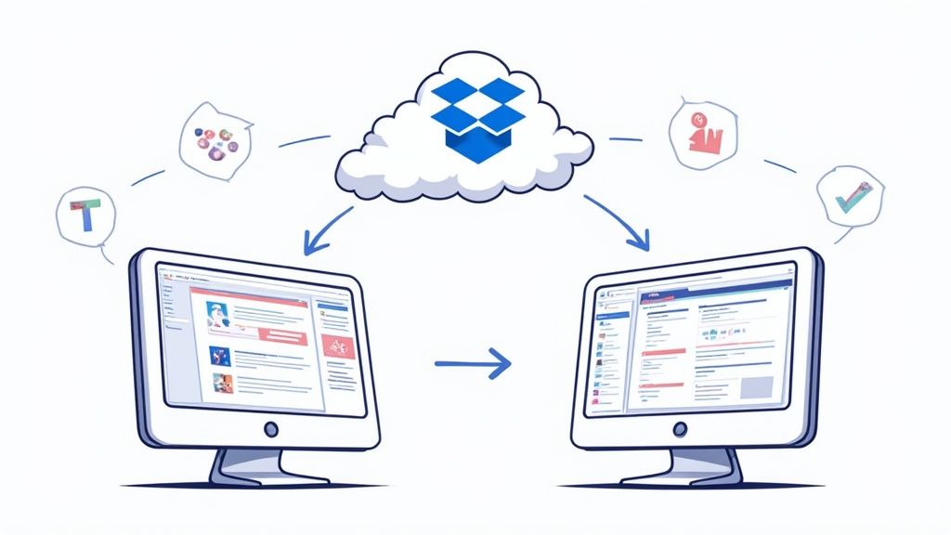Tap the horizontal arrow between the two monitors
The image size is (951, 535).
click(473, 361)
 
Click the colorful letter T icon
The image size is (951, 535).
click(85, 216)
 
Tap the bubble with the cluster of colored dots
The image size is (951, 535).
click(215, 140)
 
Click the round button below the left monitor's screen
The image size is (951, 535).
click(270, 430)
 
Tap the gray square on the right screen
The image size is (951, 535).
click(757, 388)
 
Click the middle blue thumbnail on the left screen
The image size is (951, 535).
click(220, 353)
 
